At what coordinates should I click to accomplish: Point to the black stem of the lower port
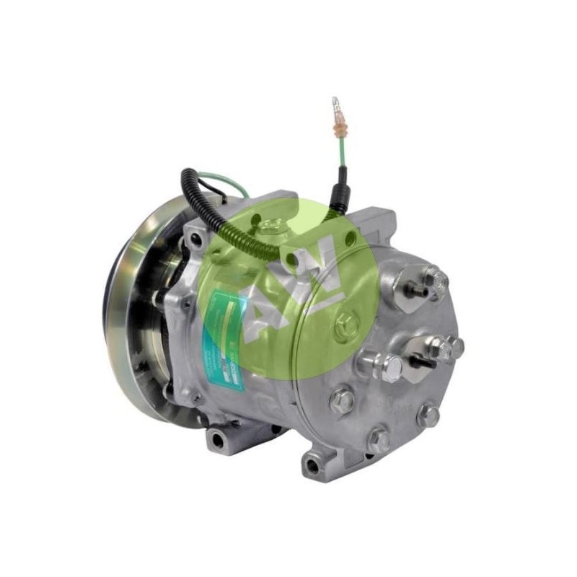coord(424,361)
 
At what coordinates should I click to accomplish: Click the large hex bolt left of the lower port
coord(390,367)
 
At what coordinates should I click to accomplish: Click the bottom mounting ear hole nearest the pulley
coord(217,436)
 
